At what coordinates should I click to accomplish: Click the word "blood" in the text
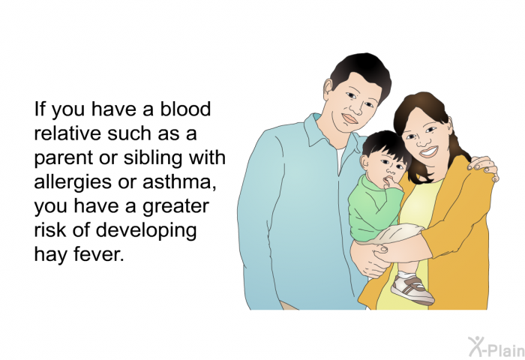pyautogui.click(x=185, y=109)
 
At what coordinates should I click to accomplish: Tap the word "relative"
pyautogui.click(x=67, y=133)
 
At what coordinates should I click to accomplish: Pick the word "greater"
pyautogui.click(x=175, y=207)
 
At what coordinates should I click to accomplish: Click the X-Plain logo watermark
pyautogui.click(x=496, y=347)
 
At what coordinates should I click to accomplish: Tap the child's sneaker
pyautogui.click(x=412, y=290)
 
